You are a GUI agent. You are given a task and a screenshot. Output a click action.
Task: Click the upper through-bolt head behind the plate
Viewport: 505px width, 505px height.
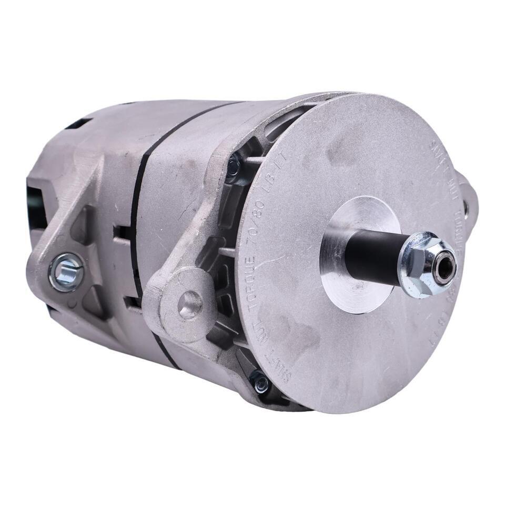[x=233, y=166]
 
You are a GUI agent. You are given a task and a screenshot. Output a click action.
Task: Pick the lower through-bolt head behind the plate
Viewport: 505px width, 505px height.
[x=260, y=382]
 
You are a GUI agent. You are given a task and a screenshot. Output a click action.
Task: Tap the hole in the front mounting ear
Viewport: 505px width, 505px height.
[x=189, y=304]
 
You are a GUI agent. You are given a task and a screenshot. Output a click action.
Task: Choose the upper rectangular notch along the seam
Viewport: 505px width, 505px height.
[x=123, y=234]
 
